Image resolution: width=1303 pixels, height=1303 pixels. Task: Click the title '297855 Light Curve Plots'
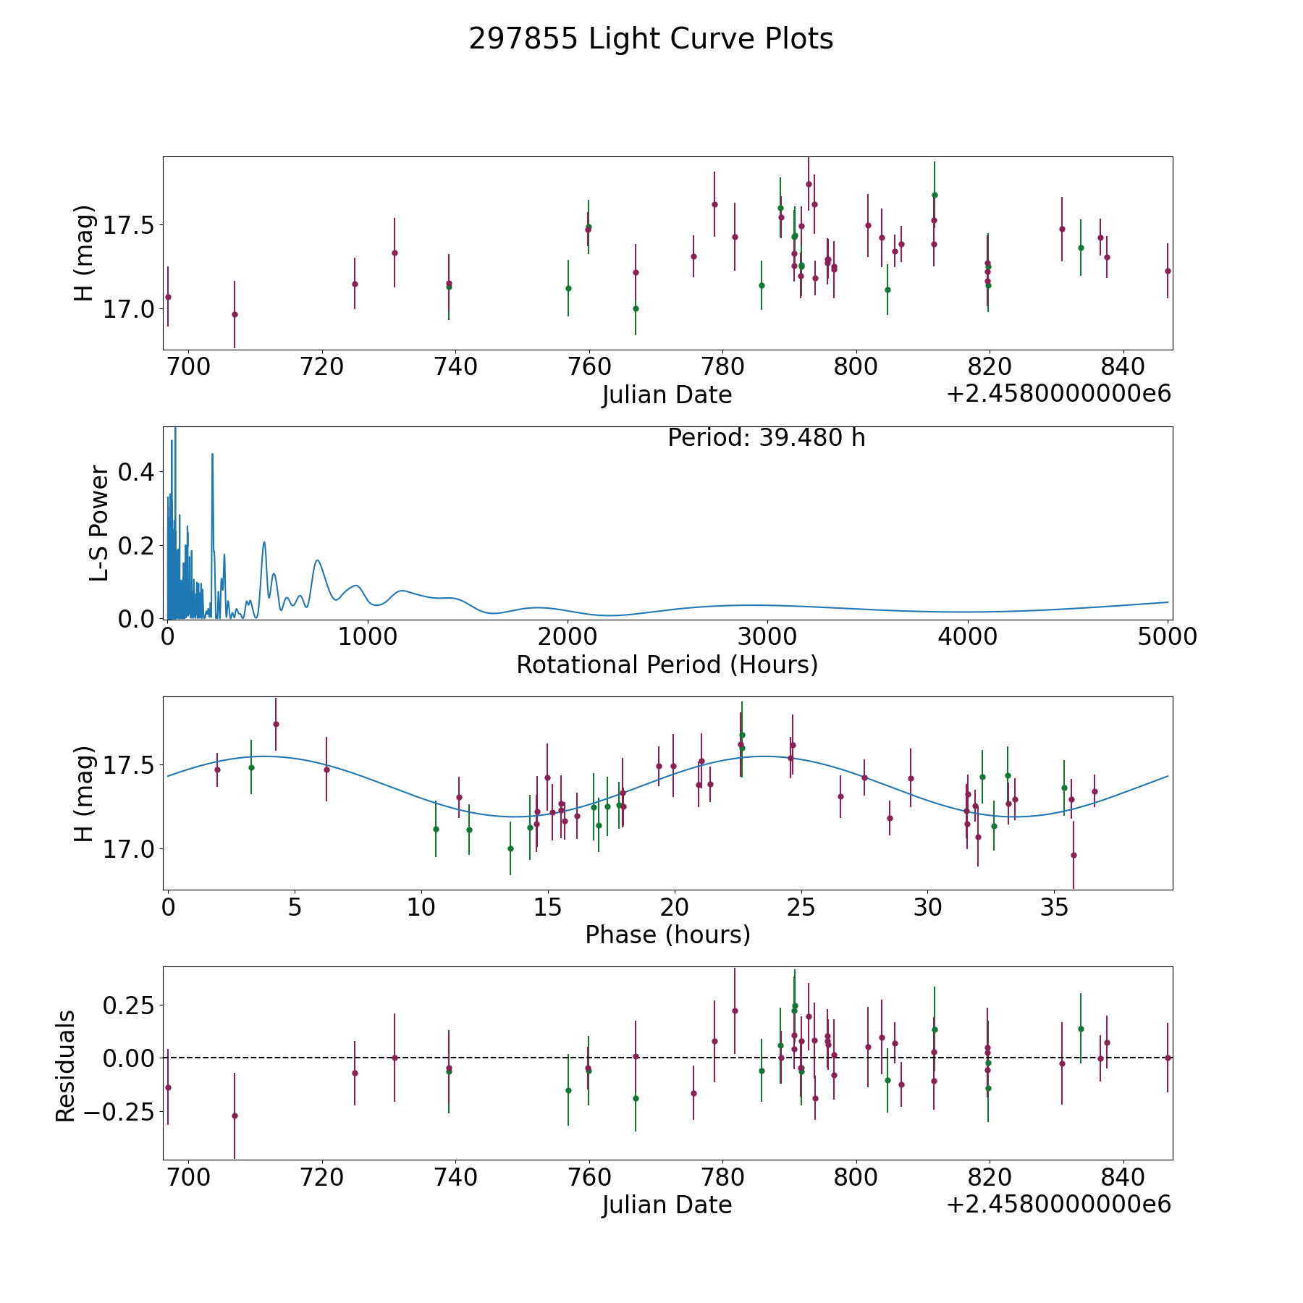[x=651, y=39]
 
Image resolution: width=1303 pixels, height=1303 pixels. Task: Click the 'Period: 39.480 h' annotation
[x=766, y=438]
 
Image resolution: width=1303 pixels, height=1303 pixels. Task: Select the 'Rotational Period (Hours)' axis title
[x=667, y=665]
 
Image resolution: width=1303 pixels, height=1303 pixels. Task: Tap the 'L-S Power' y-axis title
[x=99, y=523]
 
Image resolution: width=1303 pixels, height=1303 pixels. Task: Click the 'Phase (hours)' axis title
[x=667, y=935]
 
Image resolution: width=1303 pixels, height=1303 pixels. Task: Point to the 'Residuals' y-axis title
[x=66, y=1066]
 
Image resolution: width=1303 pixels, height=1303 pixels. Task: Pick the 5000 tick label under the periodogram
[x=1167, y=636]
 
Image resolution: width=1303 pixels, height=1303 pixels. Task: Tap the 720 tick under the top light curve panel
[x=322, y=367]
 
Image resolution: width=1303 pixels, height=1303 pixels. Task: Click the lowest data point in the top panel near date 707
[x=235, y=314]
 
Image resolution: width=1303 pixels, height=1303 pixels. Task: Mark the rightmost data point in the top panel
[x=1168, y=271]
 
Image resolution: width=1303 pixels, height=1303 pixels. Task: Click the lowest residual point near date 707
[x=235, y=1116]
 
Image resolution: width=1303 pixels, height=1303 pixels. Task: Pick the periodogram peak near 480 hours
[x=264, y=542]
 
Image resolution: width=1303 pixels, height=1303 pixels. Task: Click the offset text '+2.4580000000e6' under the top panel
[x=1058, y=395]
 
